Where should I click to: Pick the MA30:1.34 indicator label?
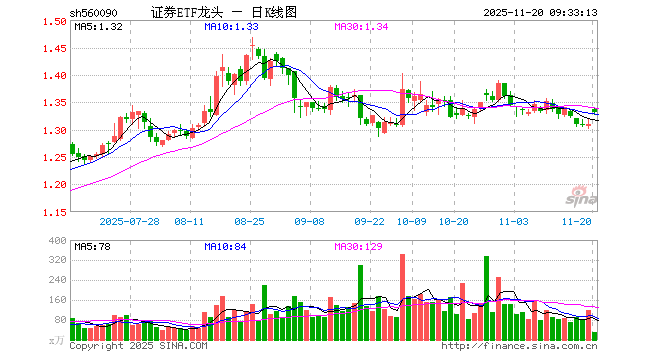click(x=361, y=26)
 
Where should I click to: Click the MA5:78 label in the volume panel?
click(x=92, y=245)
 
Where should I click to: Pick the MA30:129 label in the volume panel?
click(x=359, y=245)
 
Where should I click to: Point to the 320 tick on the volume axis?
click(x=56, y=259)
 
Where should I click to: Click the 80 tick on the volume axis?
click(x=58, y=320)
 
